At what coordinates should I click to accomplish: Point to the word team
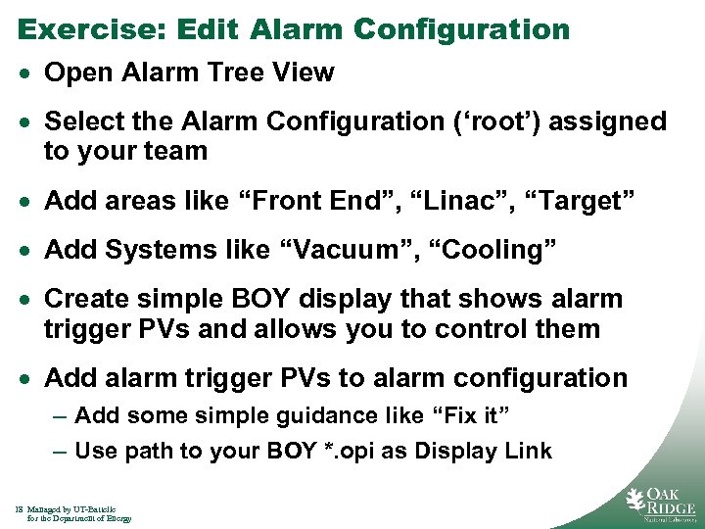point(176,152)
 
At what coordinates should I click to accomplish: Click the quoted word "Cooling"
point(499,251)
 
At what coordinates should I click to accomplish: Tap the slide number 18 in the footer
point(20,509)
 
